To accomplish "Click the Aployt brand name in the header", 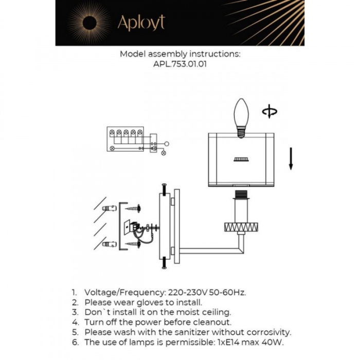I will click(141, 23).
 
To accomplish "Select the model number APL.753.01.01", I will click(180, 65).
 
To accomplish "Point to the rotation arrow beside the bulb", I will click(268, 111).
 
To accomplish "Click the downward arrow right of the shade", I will click(291, 158).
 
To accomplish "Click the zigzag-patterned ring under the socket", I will click(240, 227).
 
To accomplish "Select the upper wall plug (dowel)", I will click(109, 209).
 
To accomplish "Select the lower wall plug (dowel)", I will click(109, 244).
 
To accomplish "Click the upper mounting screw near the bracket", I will click(133, 209).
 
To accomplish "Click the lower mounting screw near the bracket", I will click(133, 244).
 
